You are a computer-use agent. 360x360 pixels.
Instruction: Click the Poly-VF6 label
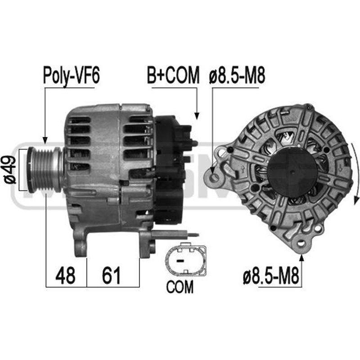coord(71,75)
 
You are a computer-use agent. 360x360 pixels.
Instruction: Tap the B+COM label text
coord(172,75)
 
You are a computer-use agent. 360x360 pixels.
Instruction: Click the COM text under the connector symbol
coord(180,287)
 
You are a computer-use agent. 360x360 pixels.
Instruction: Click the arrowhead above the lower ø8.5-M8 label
coord(301,258)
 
